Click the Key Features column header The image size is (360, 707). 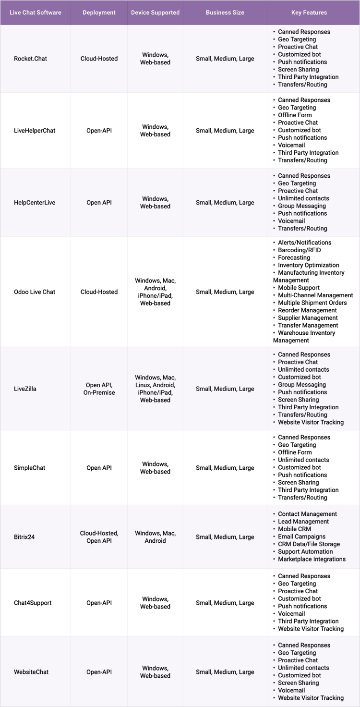tap(309, 12)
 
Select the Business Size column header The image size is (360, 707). tap(225, 12)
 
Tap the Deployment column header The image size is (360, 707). tap(99, 12)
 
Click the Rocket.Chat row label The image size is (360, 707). tap(30, 59)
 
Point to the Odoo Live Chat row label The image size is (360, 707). tap(35, 292)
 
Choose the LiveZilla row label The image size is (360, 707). tap(25, 389)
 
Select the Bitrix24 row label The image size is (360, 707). tap(24, 537)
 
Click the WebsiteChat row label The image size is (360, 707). tap(31, 672)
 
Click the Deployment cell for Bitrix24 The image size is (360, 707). tap(99, 537)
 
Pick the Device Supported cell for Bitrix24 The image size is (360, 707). tap(155, 537)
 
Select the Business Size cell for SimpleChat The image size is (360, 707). tap(225, 468)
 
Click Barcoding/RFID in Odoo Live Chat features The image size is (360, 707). tap(299, 250)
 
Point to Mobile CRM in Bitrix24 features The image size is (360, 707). tap(294, 529)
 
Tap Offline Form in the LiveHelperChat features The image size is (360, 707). tap(295, 115)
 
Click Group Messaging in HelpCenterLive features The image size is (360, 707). tap(301, 206)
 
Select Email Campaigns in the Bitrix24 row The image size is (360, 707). tap(301, 536)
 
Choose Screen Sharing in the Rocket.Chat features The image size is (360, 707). tap(298, 70)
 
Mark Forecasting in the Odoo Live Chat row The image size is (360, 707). tap(294, 258)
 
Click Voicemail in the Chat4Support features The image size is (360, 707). tap(291, 614)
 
